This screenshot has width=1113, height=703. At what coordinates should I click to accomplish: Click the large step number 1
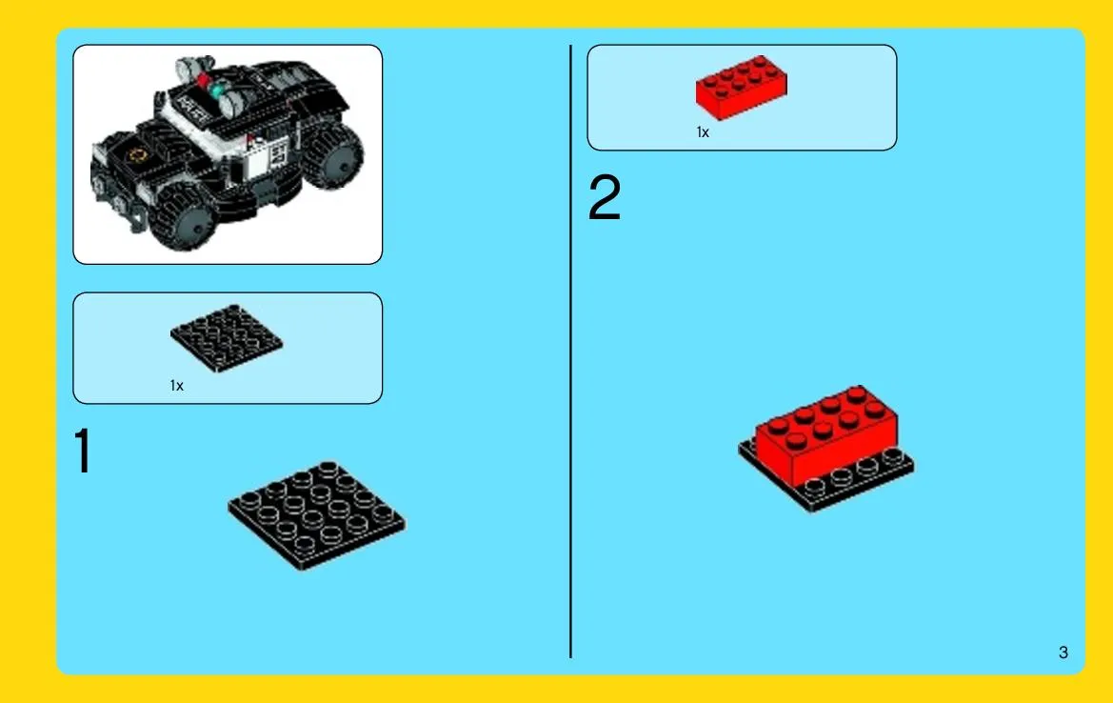point(83,451)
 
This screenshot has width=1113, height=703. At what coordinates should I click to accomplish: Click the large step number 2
point(604,197)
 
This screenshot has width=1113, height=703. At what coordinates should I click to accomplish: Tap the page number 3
point(1063,653)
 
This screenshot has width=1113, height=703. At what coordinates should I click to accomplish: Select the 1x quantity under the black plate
point(177,386)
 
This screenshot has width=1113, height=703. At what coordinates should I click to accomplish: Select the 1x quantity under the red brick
point(703,132)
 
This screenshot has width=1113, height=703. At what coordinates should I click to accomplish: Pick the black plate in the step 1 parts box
point(227,338)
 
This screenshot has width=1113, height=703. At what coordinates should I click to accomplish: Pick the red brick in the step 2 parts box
point(741,87)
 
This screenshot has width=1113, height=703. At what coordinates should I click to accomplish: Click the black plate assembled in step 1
point(317,515)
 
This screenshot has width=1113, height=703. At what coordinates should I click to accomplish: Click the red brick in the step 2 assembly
point(826,433)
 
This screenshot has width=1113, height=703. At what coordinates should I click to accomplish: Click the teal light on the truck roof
point(216,90)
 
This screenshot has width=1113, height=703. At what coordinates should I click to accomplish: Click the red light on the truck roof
point(205,79)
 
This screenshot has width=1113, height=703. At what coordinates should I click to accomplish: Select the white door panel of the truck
point(267,156)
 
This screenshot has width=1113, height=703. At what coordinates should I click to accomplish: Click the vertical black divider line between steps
point(570,351)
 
